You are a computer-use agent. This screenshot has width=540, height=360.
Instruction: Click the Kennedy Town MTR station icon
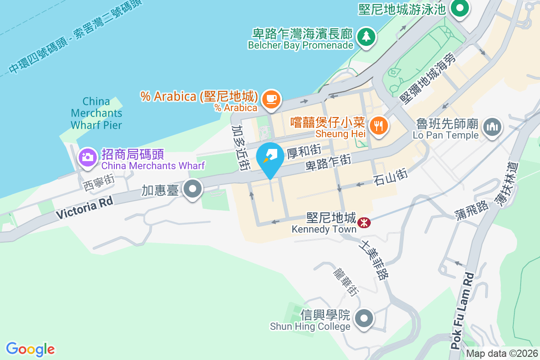[364, 221]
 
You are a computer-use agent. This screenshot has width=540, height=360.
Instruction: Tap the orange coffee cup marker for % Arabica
[271, 98]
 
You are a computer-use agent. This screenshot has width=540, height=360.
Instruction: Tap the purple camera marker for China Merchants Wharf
[87, 157]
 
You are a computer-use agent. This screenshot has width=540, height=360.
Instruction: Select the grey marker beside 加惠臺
[193, 189]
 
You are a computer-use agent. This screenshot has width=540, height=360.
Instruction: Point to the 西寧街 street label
[99, 182]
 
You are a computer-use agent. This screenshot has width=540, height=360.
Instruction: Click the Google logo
[31, 349]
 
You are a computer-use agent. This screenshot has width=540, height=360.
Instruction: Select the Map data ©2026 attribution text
[502, 353]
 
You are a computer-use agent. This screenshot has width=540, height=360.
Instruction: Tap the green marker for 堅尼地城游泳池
[460, 9]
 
